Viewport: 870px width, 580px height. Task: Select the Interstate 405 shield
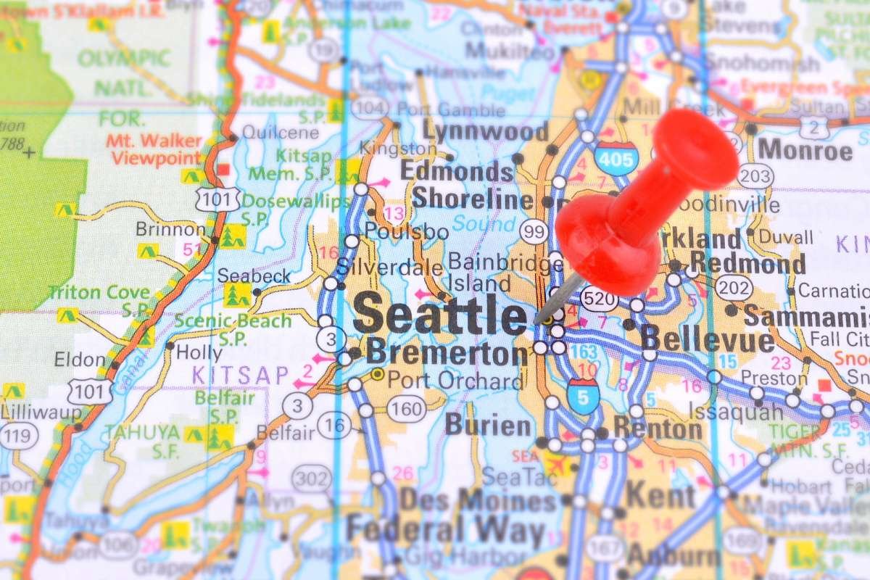616,157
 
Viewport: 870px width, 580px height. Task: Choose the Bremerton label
447,353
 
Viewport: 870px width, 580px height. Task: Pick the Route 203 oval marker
755,176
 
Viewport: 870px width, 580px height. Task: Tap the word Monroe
805,151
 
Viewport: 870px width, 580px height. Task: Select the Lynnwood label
486,132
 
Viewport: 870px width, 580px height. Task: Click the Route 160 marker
406,408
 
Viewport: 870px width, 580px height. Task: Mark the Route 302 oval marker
312,478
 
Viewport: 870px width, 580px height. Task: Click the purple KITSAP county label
230,375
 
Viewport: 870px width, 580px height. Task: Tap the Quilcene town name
270,133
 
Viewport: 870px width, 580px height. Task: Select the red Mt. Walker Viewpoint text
154,149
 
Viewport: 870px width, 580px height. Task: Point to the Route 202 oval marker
732,288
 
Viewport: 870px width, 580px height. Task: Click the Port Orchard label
455,380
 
